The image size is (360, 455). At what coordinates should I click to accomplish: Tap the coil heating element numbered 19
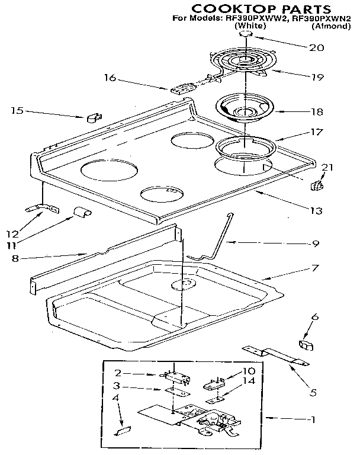[237, 64]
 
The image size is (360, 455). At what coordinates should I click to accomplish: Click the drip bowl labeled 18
[243, 108]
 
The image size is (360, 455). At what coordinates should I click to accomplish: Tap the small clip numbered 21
[317, 187]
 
